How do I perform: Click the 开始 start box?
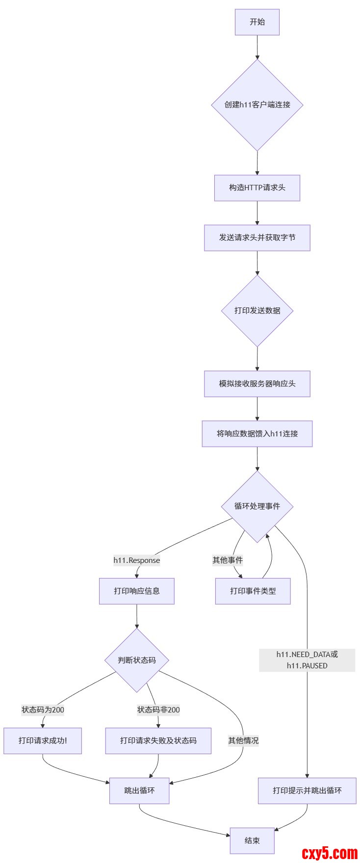coord(257,22)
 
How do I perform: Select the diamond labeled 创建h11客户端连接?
coord(257,105)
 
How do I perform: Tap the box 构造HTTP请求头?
coord(257,188)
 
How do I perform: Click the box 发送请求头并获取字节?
coord(257,238)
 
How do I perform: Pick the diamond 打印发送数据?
coord(257,311)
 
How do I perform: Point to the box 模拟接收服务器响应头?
coord(257,384)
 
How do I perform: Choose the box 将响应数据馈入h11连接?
coord(257,434)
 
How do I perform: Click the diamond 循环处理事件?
coord(257,507)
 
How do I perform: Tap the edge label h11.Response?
coord(137,560)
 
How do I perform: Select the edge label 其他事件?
coord(228,560)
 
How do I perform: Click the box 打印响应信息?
coord(137,591)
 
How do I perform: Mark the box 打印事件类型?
coord(253,591)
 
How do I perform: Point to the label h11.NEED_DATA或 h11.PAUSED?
coord(307,660)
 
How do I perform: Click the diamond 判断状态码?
coord(137,660)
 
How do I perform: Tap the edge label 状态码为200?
coord(43,710)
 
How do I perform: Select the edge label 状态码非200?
coord(158,710)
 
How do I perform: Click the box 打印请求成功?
coord(43,741)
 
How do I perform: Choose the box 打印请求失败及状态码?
coord(158,741)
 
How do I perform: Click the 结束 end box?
coord(252,841)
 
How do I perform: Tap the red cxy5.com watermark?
coord(330,854)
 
